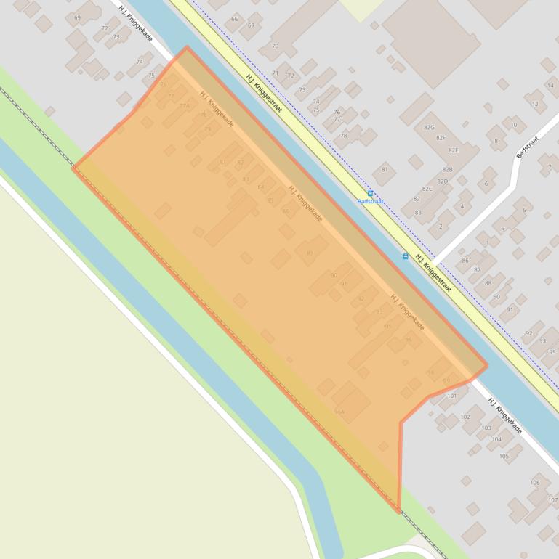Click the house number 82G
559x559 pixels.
(429, 127)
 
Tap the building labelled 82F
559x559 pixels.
(441, 138)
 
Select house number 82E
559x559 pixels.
(454, 150)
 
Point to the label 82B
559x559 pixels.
(448, 169)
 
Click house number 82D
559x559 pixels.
(442, 181)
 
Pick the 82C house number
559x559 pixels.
(427, 189)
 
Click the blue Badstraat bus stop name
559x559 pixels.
(370, 202)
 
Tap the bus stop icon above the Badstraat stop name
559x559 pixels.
(371, 194)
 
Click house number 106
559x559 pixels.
(535, 483)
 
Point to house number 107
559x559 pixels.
(553, 500)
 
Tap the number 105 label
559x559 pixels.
(504, 456)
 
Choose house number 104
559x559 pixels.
(496, 439)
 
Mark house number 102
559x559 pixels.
(465, 417)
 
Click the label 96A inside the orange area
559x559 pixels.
(339, 412)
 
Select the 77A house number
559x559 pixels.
(184, 106)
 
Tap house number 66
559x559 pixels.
(234, 20)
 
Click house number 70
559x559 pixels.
(275, 46)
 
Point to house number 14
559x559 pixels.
(550, 86)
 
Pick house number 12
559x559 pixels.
(536, 104)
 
